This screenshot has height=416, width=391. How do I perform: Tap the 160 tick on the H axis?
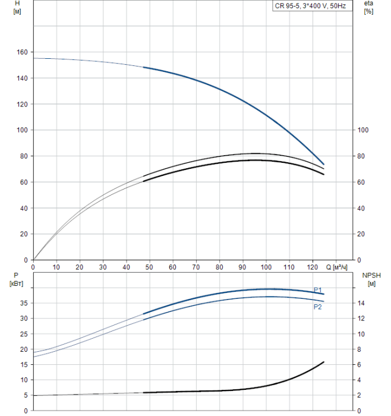coord(22,52)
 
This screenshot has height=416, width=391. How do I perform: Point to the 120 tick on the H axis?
coord(22,104)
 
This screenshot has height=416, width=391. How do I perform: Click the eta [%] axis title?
coord(368,8)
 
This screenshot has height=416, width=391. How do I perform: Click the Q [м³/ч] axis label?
coord(339,267)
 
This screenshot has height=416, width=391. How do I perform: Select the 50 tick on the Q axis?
coord(149,267)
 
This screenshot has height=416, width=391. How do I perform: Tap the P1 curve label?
coord(318,289)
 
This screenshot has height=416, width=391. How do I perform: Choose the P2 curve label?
coord(318,307)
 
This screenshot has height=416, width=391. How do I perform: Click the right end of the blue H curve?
coord(324,164)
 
